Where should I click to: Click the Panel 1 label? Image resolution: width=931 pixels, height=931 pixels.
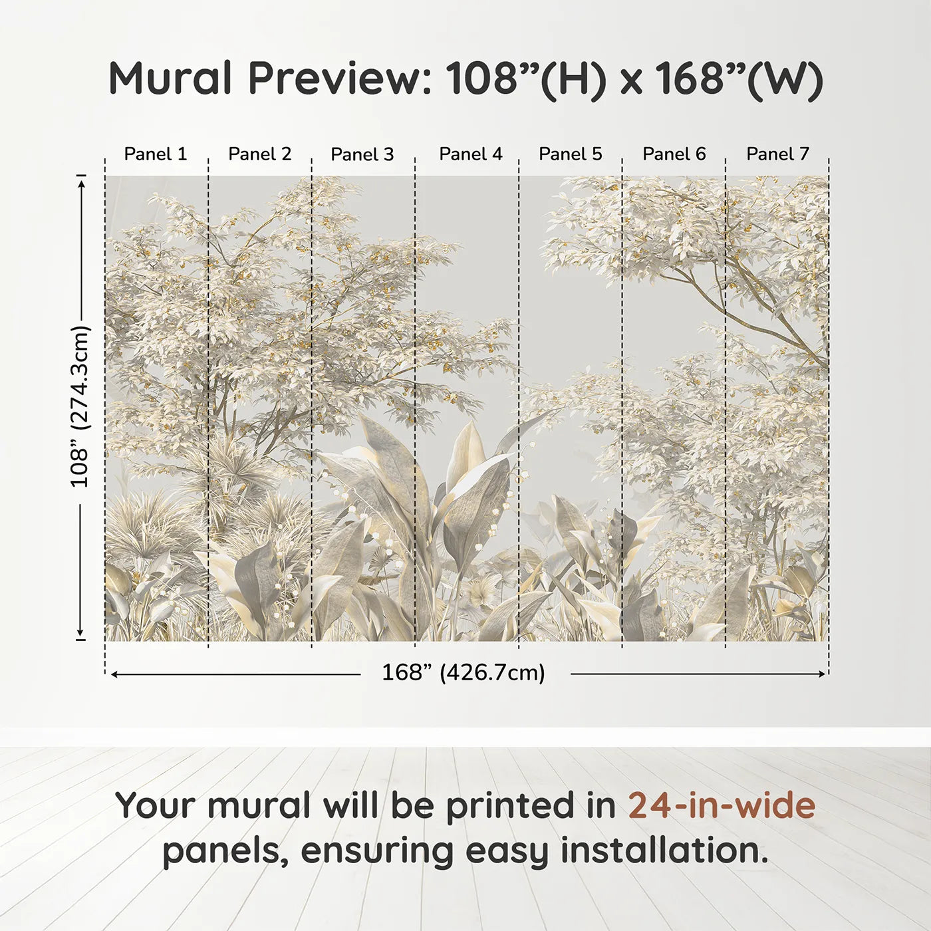tap(155, 154)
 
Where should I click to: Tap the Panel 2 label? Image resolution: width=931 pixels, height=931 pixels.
tap(260, 154)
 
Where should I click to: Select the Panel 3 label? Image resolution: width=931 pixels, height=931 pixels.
tap(362, 154)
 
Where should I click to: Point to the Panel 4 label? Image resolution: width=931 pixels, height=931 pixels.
tap(471, 154)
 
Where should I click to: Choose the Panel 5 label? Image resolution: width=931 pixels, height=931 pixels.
tap(571, 154)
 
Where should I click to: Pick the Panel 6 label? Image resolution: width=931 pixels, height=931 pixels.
tap(674, 154)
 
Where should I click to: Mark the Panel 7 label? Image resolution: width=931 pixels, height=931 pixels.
tap(777, 154)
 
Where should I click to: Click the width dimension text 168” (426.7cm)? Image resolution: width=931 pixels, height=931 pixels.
tap(464, 673)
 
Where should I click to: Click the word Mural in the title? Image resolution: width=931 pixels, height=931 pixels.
tap(170, 78)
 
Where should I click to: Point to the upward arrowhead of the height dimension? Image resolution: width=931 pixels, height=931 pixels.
tap(82, 184)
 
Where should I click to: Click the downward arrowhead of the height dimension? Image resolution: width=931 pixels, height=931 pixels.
tap(80, 633)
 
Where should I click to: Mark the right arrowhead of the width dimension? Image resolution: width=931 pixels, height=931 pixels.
tap(821, 674)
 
